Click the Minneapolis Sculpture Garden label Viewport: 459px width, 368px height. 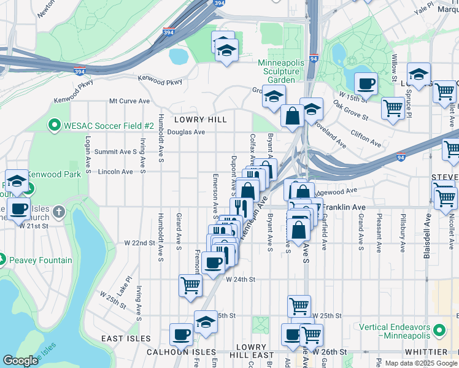click(277, 71)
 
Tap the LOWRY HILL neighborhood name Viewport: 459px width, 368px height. click(200, 119)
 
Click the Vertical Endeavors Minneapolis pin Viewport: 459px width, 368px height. click(438, 331)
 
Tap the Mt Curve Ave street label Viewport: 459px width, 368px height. click(129, 101)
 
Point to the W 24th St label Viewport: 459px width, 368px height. click(240, 279)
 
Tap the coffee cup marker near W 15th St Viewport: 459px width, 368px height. click(366, 83)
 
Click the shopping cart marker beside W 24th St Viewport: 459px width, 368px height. click(190, 285)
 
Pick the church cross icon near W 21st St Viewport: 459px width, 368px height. click(59, 212)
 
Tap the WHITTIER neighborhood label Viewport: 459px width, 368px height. click(426, 351)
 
